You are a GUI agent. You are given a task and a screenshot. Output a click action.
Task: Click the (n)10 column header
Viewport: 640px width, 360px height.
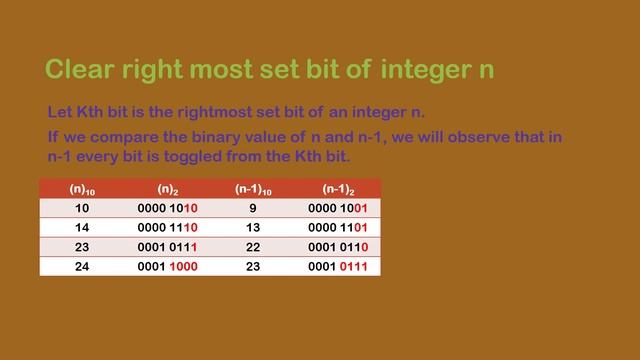(x=82, y=189)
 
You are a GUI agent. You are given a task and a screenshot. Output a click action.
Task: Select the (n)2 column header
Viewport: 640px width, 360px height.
(x=168, y=189)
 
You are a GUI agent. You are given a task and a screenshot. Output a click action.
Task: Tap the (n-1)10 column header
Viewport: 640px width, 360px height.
(x=253, y=189)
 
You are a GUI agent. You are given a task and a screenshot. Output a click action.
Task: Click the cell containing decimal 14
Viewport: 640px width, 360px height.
(x=82, y=227)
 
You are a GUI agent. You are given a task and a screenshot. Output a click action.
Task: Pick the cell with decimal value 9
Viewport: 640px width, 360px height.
(x=253, y=208)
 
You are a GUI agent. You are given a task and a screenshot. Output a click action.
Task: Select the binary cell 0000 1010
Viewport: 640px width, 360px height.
(x=168, y=208)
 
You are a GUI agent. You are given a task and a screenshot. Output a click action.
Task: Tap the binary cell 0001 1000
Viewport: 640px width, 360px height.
(x=168, y=266)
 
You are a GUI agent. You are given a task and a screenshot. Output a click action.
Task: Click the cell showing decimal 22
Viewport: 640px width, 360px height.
(x=253, y=247)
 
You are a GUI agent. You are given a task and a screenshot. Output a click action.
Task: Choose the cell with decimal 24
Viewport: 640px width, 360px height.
(x=82, y=266)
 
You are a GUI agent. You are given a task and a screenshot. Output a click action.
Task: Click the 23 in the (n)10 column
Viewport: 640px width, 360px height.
(x=82, y=247)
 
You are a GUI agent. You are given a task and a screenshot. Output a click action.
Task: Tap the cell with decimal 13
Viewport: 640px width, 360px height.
(x=253, y=227)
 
